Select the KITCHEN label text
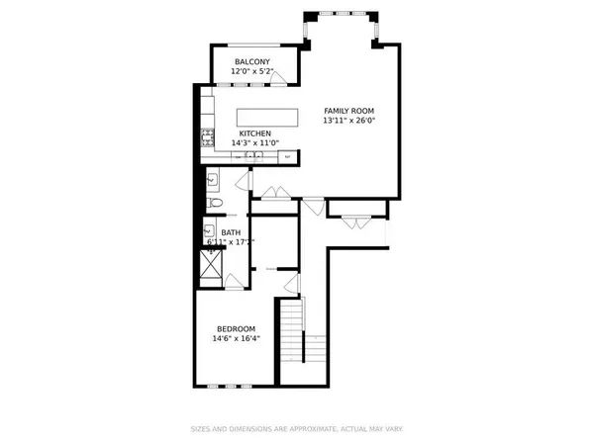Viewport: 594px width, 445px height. click(x=254, y=133)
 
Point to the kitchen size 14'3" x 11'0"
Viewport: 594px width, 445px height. click(x=255, y=144)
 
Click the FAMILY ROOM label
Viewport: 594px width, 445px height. click(x=348, y=110)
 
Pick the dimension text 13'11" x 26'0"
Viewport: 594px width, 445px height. click(x=349, y=121)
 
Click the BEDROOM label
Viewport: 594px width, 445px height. click(x=237, y=329)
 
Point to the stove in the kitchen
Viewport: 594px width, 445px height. click(x=209, y=136)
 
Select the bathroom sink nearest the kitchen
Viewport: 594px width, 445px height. click(x=212, y=180)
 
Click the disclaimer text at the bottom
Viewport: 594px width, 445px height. click(x=296, y=428)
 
